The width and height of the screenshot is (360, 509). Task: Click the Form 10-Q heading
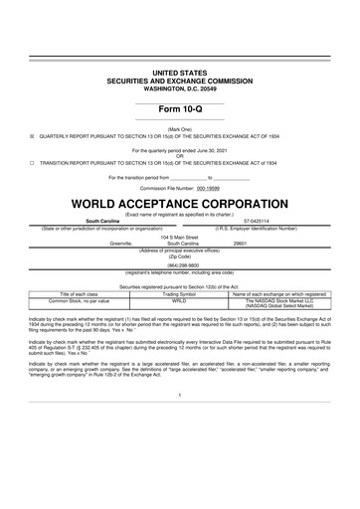pyautogui.click(x=179, y=108)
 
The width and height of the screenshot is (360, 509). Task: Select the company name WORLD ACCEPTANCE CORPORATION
pyautogui.click(x=179, y=205)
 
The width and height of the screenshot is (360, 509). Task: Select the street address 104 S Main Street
pyautogui.click(x=179, y=238)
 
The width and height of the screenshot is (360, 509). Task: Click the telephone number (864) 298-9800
pyautogui.click(x=179, y=265)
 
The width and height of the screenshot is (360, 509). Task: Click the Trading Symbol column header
pyautogui.click(x=180, y=295)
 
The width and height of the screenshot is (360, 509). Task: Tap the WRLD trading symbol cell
pyautogui.click(x=180, y=301)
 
